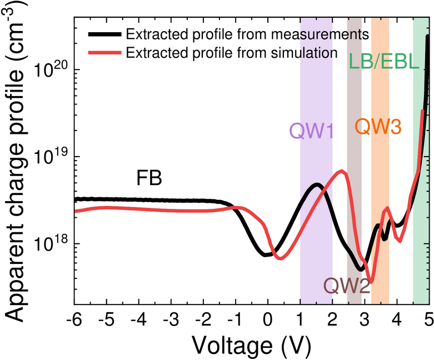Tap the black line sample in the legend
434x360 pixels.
pos(104,34)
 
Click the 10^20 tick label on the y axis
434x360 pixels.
pos(49,71)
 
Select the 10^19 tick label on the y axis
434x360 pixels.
pos(49,157)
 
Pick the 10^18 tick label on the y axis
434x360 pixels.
pos(49,244)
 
